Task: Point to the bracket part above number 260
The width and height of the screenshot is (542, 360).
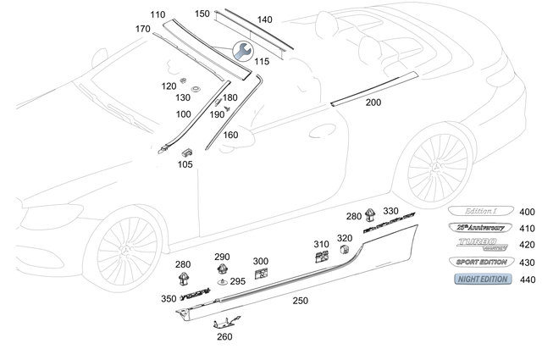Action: click(224, 320)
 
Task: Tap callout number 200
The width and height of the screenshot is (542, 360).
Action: click(373, 102)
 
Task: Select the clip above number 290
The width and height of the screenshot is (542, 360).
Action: click(222, 271)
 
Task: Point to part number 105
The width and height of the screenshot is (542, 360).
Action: click(185, 164)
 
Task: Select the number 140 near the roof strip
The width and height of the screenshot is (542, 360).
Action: click(264, 19)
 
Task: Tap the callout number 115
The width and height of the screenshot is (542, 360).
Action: click(263, 62)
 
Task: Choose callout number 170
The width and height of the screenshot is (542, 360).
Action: click(142, 29)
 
